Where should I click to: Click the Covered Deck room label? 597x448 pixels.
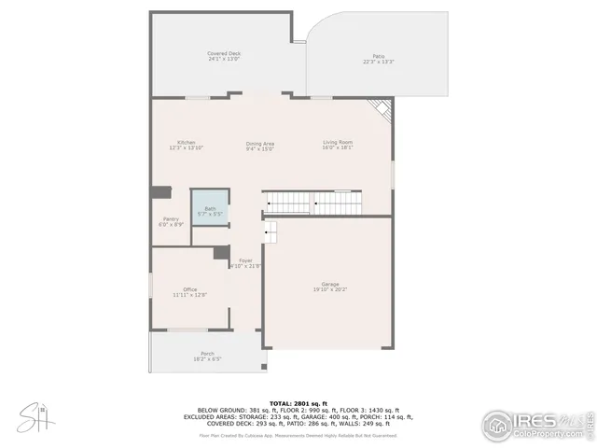pos(224,54)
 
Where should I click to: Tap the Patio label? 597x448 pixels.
pos(379,57)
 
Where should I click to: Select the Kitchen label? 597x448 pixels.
pos(186,142)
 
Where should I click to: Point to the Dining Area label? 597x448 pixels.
pos(260,143)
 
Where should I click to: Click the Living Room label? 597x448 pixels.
pos(338,142)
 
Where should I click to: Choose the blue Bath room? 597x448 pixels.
pos(210,210)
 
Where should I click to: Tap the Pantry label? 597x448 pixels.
pos(171,219)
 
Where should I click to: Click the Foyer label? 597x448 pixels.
pos(245,260)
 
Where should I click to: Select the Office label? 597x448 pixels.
pos(189,289)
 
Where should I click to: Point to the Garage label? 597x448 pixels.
pos(330,284)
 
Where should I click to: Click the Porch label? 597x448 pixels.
pos(207,354)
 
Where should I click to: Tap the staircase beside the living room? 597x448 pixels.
pos(312,202)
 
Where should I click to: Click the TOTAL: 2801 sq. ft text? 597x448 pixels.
pos(298,401)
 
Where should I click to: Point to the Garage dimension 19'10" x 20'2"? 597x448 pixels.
pos(330,289)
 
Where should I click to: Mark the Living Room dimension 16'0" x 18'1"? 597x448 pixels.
pos(338,147)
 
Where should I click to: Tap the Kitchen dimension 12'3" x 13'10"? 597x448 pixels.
pos(186,147)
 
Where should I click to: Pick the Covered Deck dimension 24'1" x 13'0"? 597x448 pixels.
pos(224,60)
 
